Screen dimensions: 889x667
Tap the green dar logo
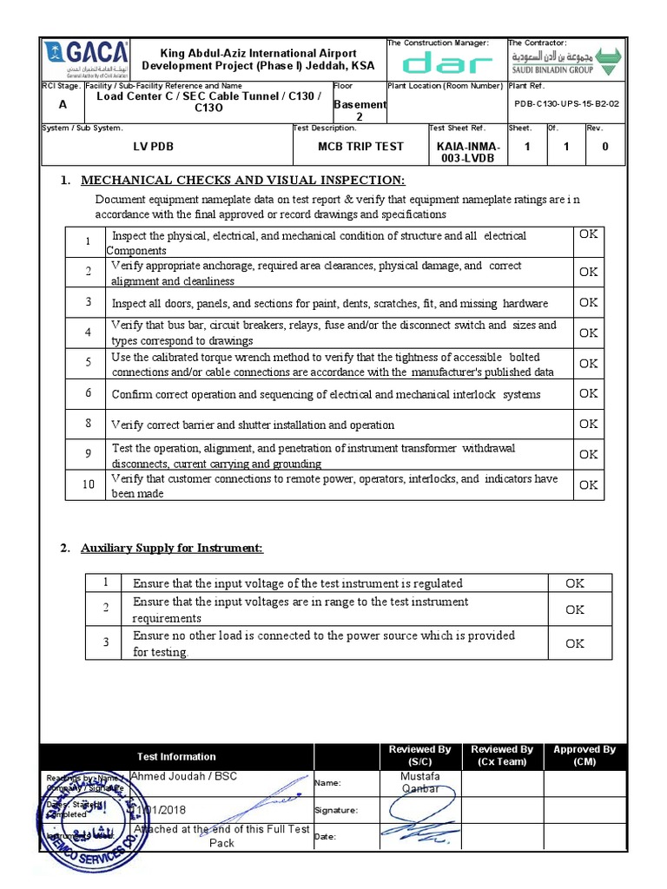(x=447, y=63)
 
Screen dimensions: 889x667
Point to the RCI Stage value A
(x=62, y=104)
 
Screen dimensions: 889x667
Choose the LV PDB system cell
(x=153, y=147)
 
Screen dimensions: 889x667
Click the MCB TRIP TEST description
(x=360, y=147)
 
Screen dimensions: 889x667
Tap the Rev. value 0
(x=604, y=147)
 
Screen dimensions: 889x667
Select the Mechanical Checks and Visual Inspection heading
(x=242, y=180)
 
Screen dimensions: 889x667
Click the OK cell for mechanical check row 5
(x=588, y=363)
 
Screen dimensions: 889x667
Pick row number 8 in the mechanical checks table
(x=88, y=424)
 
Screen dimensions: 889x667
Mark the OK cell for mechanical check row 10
(x=588, y=484)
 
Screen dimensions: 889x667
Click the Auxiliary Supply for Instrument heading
(x=172, y=548)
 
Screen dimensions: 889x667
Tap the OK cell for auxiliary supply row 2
(x=575, y=609)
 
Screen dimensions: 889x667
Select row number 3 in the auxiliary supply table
(x=106, y=642)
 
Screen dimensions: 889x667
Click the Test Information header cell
(x=176, y=756)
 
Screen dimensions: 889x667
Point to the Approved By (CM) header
(x=584, y=755)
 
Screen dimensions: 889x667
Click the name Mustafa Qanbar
(x=420, y=782)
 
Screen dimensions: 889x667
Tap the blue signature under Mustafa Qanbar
(x=419, y=812)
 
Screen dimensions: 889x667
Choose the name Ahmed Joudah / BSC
(x=183, y=776)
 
